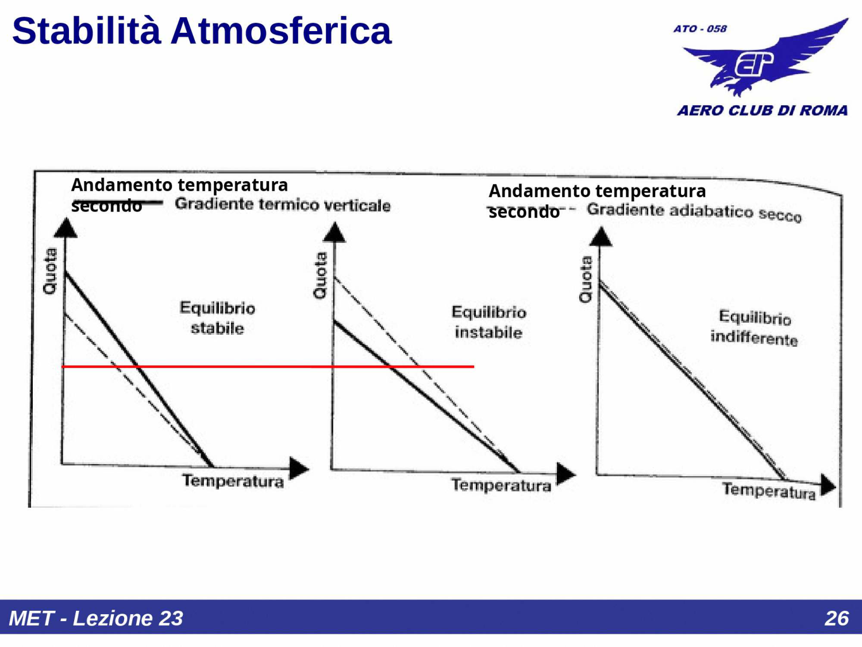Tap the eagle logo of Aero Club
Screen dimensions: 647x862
tap(764, 60)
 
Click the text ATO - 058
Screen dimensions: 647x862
tap(700, 29)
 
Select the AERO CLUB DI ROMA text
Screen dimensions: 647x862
tap(762, 110)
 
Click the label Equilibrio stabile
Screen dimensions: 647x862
tap(217, 318)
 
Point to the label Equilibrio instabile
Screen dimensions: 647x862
tap(488, 322)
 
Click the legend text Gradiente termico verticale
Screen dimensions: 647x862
tap(283, 205)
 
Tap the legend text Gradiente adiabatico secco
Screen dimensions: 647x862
tap(694, 212)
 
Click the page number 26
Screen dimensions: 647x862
tap(836, 618)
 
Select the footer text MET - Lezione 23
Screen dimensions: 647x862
tap(96, 618)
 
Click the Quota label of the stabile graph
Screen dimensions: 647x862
tap(51, 271)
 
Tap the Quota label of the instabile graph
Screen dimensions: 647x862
tap(320, 275)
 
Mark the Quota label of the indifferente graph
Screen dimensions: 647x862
tap(586, 280)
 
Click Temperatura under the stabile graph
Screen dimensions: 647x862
tap(233, 481)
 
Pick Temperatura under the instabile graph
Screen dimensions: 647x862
tap(501, 485)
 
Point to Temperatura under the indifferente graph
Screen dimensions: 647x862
tap(769, 491)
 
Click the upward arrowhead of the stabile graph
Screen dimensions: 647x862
tap(66, 228)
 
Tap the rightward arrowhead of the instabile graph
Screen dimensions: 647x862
tap(565, 474)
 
